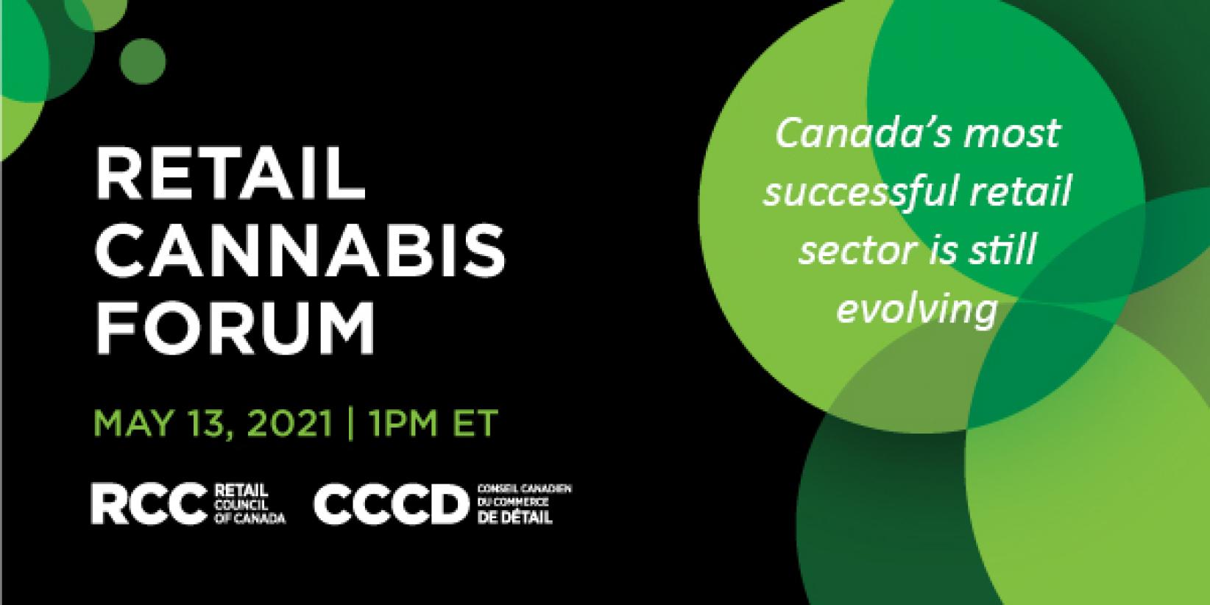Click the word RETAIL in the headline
[230, 174]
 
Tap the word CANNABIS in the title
[300, 251]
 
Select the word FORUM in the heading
[235, 328]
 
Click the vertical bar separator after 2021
[351, 424]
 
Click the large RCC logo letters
[149, 503]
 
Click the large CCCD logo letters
[392, 504]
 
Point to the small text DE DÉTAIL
[514, 517]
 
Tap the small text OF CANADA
[250, 518]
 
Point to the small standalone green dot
[143, 61]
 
